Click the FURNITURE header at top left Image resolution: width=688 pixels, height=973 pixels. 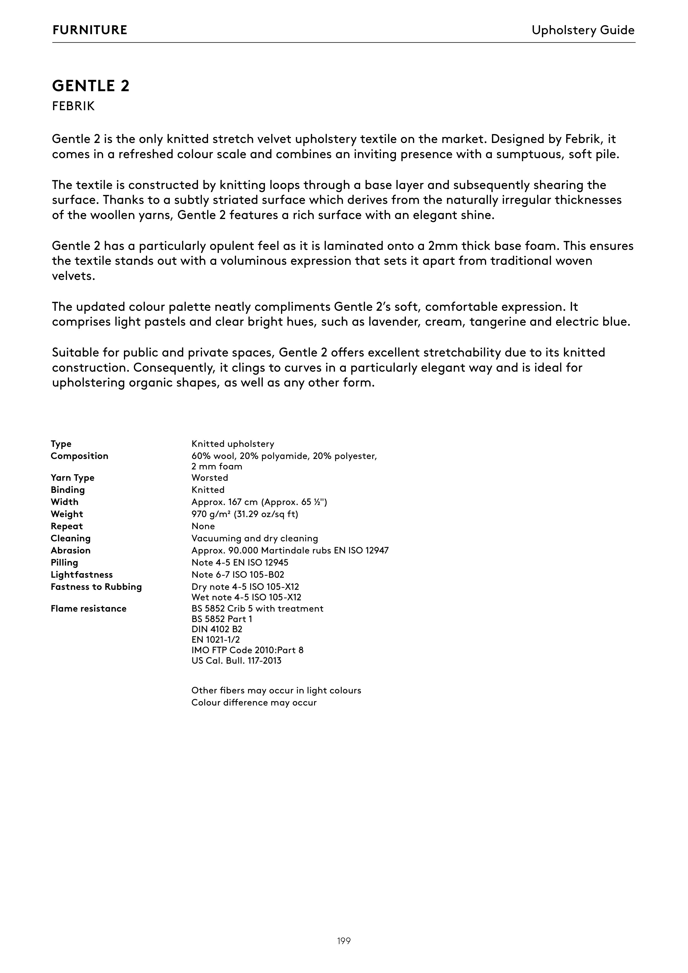[90, 30]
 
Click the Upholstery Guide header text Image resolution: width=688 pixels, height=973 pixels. [583, 30]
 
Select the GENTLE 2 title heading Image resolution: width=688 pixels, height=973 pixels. [91, 86]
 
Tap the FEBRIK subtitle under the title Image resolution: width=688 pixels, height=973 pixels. [73, 106]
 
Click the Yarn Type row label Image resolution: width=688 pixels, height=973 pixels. [72, 478]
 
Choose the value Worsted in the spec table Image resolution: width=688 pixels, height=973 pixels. [210, 478]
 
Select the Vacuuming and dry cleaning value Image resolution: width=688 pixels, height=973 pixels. [254, 539]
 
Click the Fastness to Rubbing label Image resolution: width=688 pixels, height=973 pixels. [96, 587]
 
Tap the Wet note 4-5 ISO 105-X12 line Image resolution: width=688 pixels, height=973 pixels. [246, 598]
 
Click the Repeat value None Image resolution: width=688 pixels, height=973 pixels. [203, 526]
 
